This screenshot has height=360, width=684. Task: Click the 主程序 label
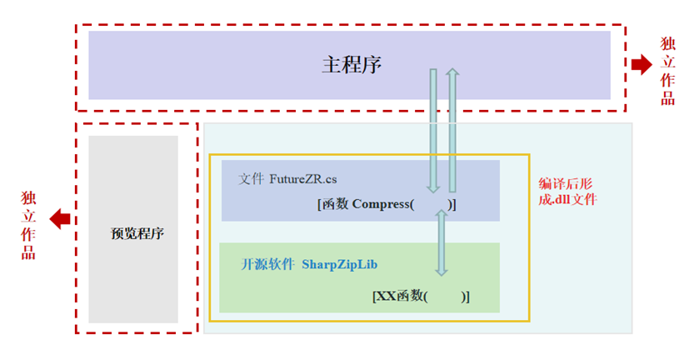point(351,65)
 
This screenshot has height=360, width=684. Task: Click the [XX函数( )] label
point(421,296)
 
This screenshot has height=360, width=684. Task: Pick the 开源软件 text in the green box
point(267,264)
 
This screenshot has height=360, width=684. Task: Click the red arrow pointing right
point(642,65)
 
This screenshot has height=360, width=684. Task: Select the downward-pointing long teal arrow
point(433,129)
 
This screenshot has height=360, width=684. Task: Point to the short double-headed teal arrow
point(442,242)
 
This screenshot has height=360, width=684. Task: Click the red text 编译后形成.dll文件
point(567,191)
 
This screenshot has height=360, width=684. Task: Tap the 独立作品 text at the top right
point(668,71)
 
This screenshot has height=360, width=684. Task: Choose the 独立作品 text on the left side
point(28,225)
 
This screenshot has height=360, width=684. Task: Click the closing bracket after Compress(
point(454,204)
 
